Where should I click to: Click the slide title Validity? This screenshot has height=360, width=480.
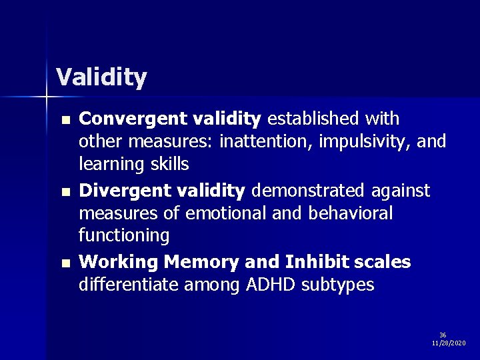pyautogui.click(x=101, y=78)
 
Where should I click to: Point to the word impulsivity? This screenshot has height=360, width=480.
pyautogui.click(x=349, y=141)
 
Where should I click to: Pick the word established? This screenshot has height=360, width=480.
pyautogui.click(x=309, y=119)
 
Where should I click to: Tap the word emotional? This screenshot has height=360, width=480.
pyautogui.click(x=221, y=213)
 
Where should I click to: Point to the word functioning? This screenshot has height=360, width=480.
pyautogui.click(x=124, y=235)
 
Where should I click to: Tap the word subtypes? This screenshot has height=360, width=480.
pyautogui.click(x=338, y=285)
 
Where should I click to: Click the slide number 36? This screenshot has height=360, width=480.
pyautogui.click(x=443, y=335)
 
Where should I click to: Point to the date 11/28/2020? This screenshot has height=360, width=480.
pyautogui.click(x=449, y=343)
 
